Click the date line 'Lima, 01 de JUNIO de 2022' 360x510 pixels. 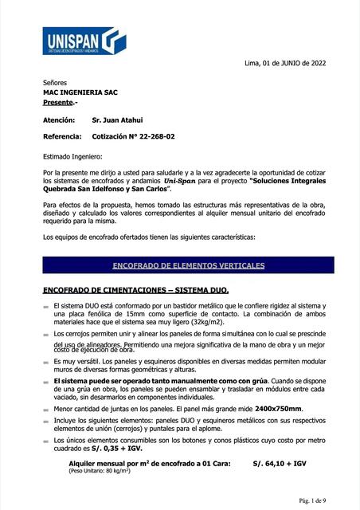284,63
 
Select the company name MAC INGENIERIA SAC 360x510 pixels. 80,92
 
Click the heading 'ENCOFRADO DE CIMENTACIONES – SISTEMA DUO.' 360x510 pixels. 135,292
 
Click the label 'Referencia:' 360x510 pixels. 62,137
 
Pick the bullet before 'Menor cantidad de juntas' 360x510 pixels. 45,409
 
